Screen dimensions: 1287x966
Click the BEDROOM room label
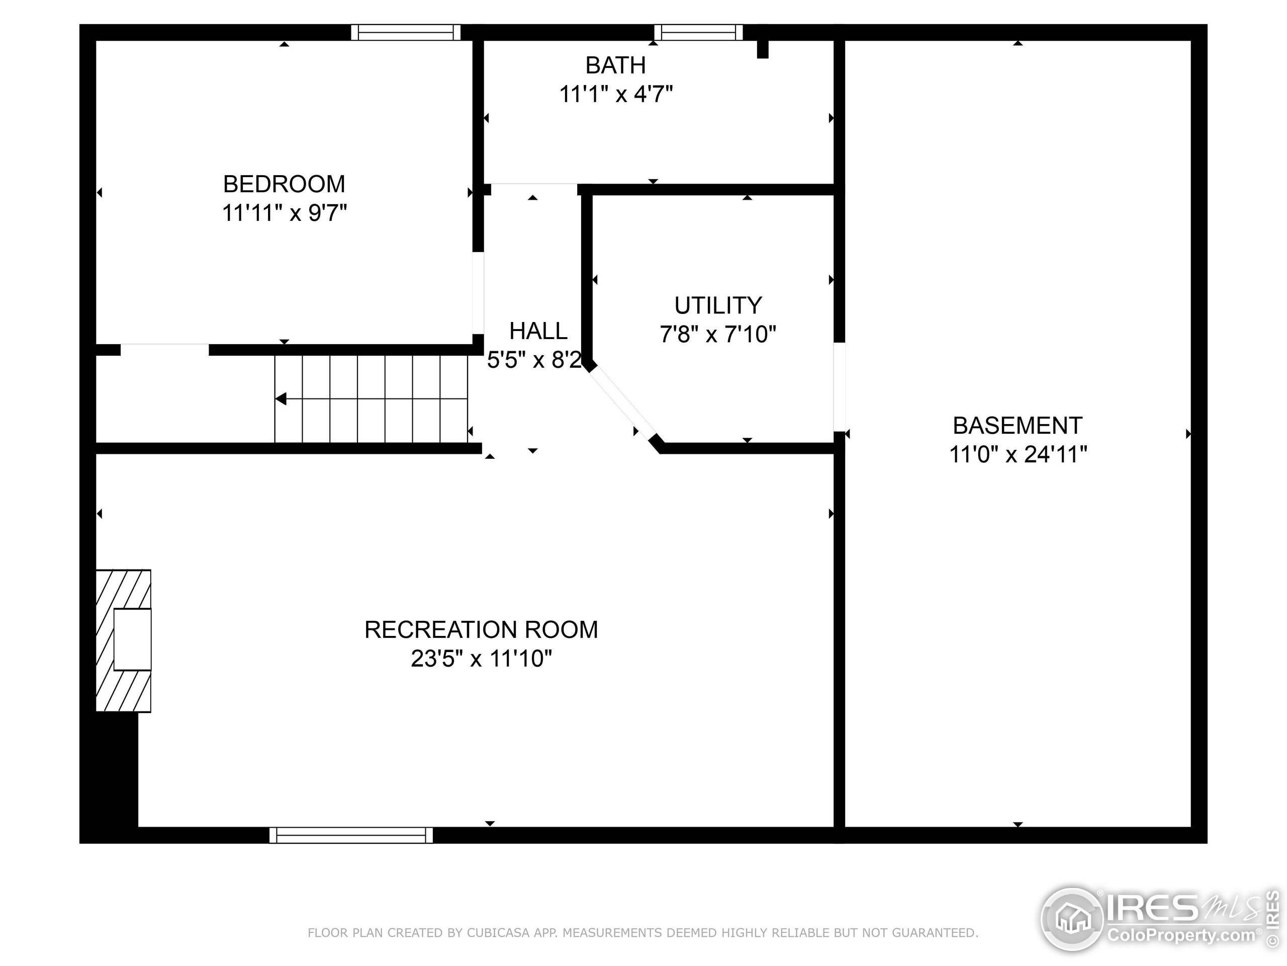(x=284, y=184)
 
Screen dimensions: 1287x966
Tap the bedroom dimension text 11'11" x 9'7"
(x=284, y=213)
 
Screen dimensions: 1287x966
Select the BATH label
(x=615, y=65)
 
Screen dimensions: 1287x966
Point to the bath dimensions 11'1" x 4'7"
(x=615, y=94)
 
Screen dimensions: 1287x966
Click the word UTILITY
(x=718, y=305)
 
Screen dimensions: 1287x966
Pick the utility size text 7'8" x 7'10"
(x=718, y=334)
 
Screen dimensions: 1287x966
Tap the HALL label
(x=538, y=331)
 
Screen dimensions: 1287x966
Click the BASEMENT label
(x=1018, y=426)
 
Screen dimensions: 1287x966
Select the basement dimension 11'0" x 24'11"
(x=1018, y=454)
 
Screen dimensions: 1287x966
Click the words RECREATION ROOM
(x=481, y=629)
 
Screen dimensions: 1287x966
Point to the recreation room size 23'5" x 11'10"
(x=481, y=659)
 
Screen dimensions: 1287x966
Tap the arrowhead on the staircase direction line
(x=281, y=399)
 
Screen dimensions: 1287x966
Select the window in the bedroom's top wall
(x=406, y=32)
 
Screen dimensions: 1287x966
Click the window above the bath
(x=698, y=32)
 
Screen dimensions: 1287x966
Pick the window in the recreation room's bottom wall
(x=351, y=835)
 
